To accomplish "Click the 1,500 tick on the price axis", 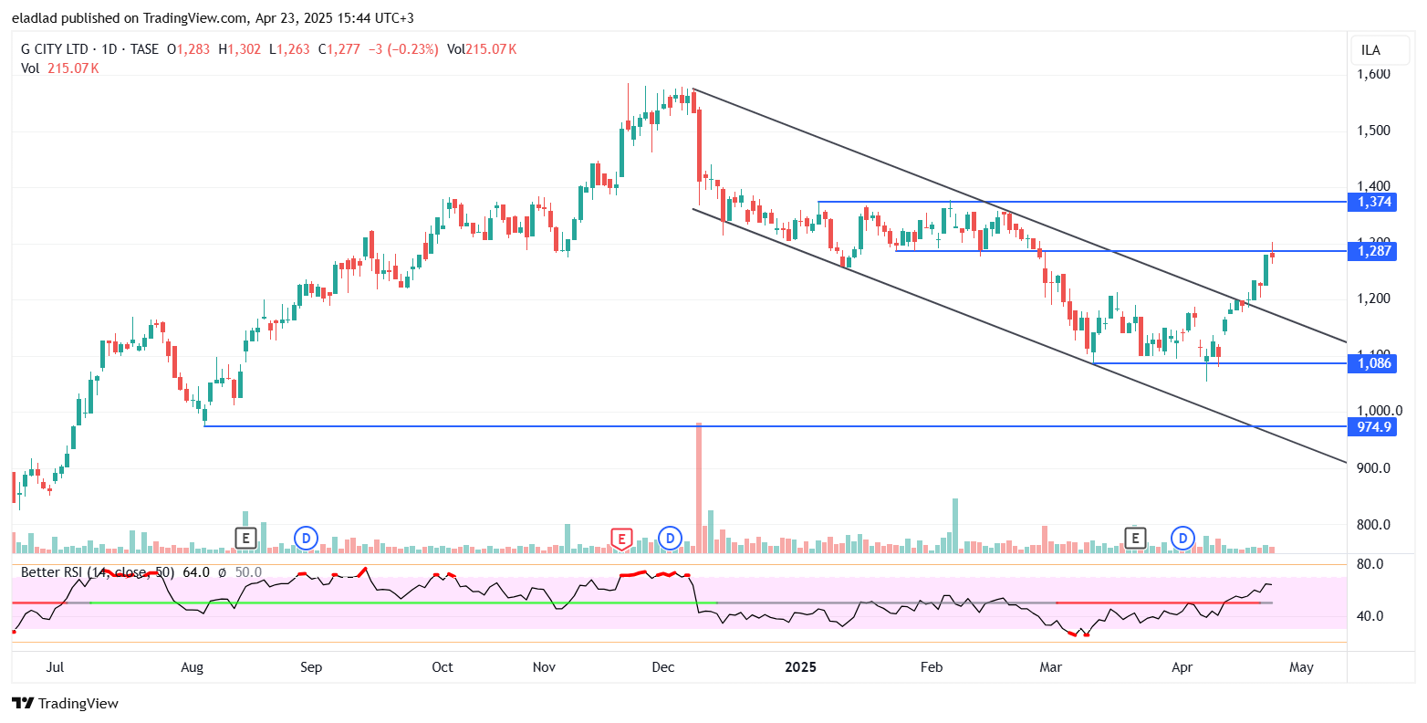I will pyautogui.click(x=1373, y=131).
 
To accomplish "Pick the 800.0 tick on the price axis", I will pyautogui.click(x=1373, y=525).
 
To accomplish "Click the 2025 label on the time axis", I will pyautogui.click(x=800, y=667).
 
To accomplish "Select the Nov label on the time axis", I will pyautogui.click(x=544, y=667).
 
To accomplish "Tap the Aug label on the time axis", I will pyautogui.click(x=192, y=667).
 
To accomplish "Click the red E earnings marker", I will pyautogui.click(x=621, y=539).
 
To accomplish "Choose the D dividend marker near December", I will pyautogui.click(x=671, y=539).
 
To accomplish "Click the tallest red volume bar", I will pyautogui.click(x=699, y=487).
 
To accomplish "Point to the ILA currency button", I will pyautogui.click(x=1370, y=50).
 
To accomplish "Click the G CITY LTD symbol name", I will pyautogui.click(x=55, y=49).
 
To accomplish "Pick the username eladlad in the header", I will pyautogui.click(x=36, y=17).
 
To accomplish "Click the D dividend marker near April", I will pyautogui.click(x=1183, y=539).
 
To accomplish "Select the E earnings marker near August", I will pyautogui.click(x=245, y=539).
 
